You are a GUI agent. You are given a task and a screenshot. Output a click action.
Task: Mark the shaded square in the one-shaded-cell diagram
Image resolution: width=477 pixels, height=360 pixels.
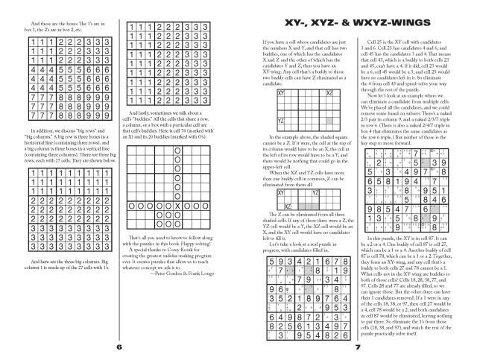(x=329, y=119)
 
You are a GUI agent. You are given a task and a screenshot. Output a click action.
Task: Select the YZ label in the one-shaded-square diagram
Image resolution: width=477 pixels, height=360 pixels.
(x=280, y=120)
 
